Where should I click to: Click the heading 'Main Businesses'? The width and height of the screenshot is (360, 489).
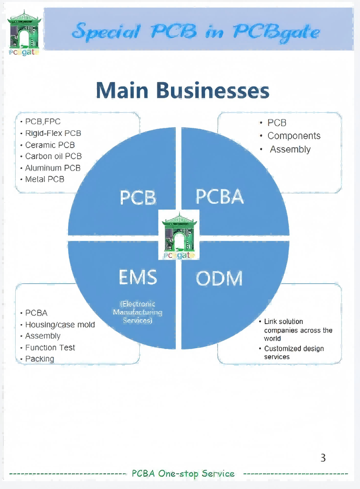(x=182, y=91)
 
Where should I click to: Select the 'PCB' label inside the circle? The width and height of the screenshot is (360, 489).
(x=138, y=198)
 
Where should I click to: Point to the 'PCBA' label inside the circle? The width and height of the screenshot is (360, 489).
(x=220, y=196)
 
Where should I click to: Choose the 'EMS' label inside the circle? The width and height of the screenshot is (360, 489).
(x=138, y=277)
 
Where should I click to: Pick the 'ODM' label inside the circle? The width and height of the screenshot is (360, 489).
(x=219, y=279)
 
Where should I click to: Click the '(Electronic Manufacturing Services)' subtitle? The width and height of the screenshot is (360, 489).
(x=137, y=312)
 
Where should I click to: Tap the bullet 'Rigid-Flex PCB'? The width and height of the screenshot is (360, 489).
(x=53, y=133)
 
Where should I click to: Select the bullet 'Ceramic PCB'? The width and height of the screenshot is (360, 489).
(x=50, y=145)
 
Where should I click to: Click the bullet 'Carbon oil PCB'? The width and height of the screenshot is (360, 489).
(x=53, y=156)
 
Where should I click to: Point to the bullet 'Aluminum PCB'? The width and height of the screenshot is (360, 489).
(x=52, y=168)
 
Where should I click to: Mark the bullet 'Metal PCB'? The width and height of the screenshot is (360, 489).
(x=45, y=179)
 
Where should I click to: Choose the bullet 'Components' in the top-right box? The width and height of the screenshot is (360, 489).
(x=294, y=136)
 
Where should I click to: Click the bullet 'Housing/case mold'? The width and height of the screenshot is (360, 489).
(x=60, y=325)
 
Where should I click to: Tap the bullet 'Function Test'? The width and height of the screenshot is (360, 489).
(x=50, y=347)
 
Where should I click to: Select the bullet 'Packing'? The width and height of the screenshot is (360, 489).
(x=40, y=359)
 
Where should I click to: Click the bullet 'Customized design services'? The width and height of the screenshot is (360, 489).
(x=293, y=352)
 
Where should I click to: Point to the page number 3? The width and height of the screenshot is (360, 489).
(x=323, y=458)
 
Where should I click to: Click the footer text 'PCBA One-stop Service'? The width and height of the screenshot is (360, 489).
(x=183, y=474)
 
